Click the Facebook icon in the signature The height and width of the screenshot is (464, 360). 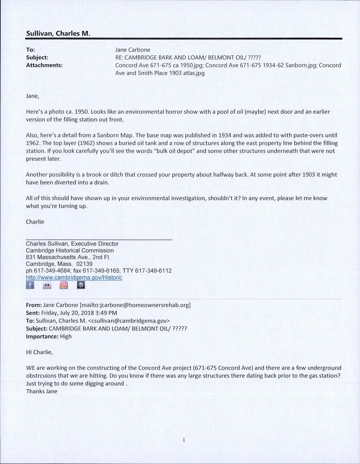click(x=30, y=285)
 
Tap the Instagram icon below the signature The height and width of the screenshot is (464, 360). click(x=64, y=285)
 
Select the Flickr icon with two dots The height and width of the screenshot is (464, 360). click(x=47, y=285)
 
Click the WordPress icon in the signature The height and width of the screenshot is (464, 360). click(x=81, y=285)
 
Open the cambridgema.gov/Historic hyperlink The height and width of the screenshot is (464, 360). click(x=74, y=277)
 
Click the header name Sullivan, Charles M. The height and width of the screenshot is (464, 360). click(x=58, y=34)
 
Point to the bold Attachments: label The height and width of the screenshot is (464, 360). click(x=44, y=65)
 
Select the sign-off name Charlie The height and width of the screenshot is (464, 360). click(x=35, y=222)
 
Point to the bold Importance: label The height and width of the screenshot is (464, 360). click(x=42, y=337)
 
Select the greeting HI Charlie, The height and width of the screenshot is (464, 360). click(x=40, y=352)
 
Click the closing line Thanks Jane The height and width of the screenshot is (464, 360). click(x=42, y=391)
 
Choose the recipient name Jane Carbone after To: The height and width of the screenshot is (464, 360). click(x=133, y=50)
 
